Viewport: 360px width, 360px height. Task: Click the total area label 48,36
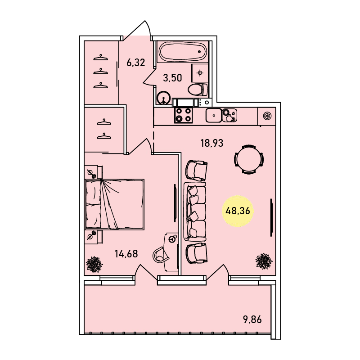238,211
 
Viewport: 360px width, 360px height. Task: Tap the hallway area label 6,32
136,63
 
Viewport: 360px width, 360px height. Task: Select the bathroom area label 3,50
172,78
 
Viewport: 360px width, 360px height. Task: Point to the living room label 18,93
212,143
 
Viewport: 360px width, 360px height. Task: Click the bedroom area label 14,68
126,254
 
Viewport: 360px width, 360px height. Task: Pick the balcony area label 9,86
252,319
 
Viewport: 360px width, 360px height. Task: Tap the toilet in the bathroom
198,89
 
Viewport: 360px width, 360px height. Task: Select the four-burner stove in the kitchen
184,115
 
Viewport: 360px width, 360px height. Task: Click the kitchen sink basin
213,115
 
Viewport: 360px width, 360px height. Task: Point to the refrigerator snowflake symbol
267,116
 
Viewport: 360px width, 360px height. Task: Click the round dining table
249,159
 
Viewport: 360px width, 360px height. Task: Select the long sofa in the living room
195,211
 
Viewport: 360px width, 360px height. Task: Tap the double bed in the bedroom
114,204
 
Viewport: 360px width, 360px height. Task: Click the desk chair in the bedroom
161,254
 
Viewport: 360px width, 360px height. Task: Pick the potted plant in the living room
264,261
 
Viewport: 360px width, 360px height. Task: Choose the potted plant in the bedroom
94,264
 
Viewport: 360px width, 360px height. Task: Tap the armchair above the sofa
196,171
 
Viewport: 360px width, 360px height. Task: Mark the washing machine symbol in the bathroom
200,73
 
